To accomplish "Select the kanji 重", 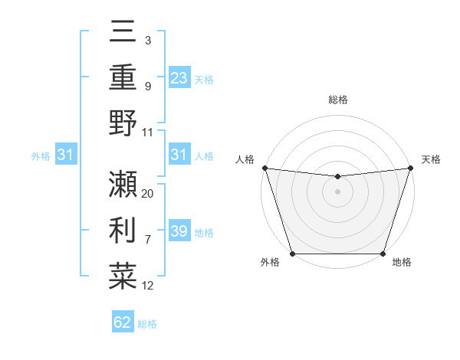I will [123, 78].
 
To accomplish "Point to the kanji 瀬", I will [123, 184].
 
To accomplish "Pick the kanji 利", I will [123, 230].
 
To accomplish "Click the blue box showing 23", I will [179, 78].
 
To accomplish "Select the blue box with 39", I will [179, 232].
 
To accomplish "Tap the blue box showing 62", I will [123, 322].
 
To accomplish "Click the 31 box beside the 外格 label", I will [66, 155].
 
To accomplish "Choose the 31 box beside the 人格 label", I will [179, 155].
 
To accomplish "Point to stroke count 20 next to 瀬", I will [148, 194].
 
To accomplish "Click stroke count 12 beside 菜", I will [148, 286].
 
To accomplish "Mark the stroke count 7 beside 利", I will [148, 240].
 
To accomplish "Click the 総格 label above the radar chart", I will [337, 100].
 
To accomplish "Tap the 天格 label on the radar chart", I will [431, 159].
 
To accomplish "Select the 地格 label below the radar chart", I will [402, 263].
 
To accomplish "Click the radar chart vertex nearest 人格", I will [264, 168].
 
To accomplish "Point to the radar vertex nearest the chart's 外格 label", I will [292, 254].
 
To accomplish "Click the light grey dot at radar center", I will [337, 191].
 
